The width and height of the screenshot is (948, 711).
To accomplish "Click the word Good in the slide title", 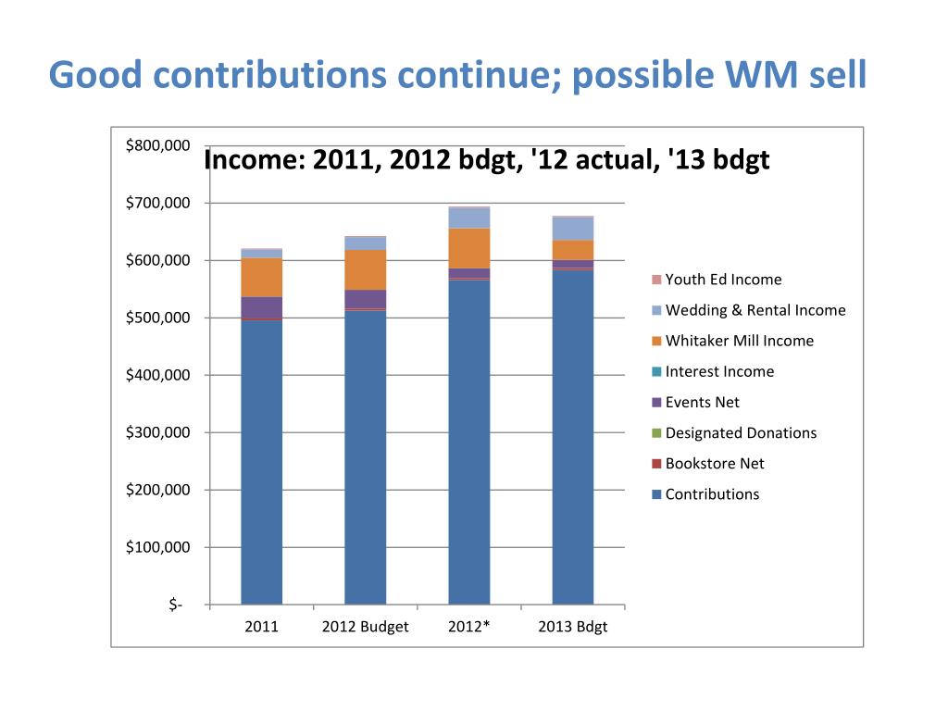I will coord(95,75).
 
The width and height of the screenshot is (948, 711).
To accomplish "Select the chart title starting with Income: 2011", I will coord(486,161).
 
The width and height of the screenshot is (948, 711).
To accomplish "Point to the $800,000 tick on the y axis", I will coord(157,145).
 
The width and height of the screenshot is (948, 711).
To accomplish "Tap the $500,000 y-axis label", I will coord(157,318).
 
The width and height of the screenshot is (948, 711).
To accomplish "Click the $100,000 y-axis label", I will coord(157,547).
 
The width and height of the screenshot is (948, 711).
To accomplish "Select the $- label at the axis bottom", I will coord(175,605).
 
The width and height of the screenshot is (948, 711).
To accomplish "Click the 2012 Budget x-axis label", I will coord(365,627).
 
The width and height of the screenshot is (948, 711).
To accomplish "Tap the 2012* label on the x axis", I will coord(468,627).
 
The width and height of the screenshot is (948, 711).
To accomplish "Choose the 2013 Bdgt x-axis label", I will coord(572,627).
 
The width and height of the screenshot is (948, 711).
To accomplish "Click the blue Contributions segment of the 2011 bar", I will coord(261,463).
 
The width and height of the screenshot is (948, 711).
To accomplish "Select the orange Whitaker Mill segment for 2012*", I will coord(468,248).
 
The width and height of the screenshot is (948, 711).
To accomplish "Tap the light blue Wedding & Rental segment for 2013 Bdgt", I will coord(572,229).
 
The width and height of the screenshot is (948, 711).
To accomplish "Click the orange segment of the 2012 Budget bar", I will coord(365,269).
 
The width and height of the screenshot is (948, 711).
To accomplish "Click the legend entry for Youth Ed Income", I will coord(723,280).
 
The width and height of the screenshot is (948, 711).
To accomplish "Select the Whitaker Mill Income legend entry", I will coord(739,341).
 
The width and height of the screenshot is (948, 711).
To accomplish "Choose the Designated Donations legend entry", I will coord(741,432).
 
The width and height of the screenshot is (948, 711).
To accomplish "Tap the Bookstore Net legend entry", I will coord(715,464).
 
